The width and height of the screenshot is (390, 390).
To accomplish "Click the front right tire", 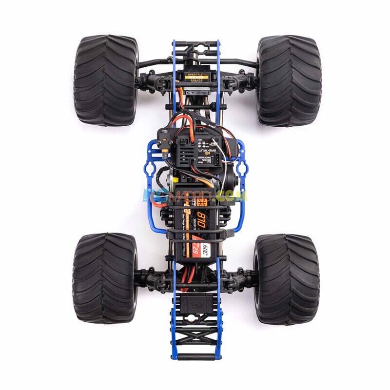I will (x=289, y=80).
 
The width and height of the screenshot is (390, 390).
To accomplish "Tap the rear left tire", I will (x=105, y=278).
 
